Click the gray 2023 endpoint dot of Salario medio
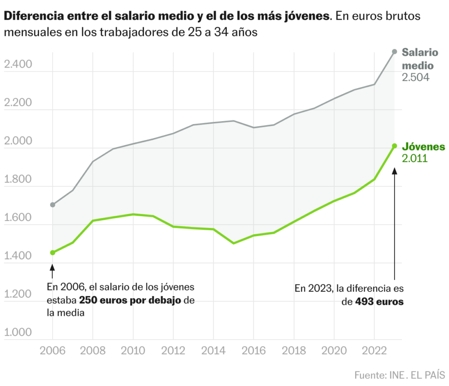click(394, 52)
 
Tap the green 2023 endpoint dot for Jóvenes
click(394, 146)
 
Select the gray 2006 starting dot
click(53, 205)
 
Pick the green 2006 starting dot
click(53, 253)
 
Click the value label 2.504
click(415, 78)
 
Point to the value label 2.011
click(414, 158)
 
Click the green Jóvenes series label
click(424, 147)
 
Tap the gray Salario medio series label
click(420, 59)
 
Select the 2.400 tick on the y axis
click(18, 65)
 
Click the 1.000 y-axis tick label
click(18, 332)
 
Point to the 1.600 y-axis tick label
click(18, 218)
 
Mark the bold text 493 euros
click(380, 302)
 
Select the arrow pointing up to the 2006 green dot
click(53, 271)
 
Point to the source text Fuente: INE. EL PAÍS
click(399, 375)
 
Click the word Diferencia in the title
click(31, 17)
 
